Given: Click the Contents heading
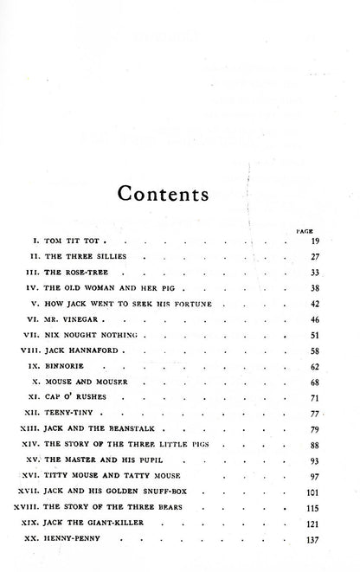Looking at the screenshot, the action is click(x=180, y=191).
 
